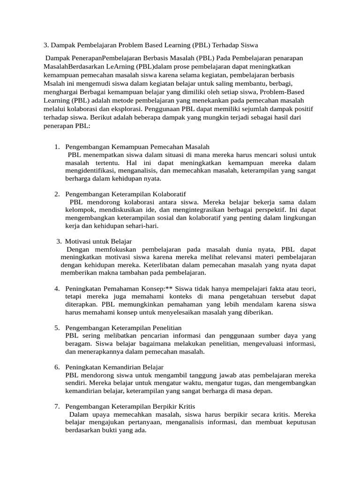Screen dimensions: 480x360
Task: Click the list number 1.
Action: tap(57, 147)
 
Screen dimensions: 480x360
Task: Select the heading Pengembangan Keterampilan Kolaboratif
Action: tap(126, 194)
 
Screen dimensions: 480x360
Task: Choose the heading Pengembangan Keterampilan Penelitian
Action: tap(123, 327)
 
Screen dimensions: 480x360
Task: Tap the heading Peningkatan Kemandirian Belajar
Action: tap(114, 367)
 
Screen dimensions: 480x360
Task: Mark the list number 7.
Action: tap(57, 406)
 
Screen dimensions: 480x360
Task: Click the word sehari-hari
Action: tap(142, 225)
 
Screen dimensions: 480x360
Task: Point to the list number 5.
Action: tap(57, 327)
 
